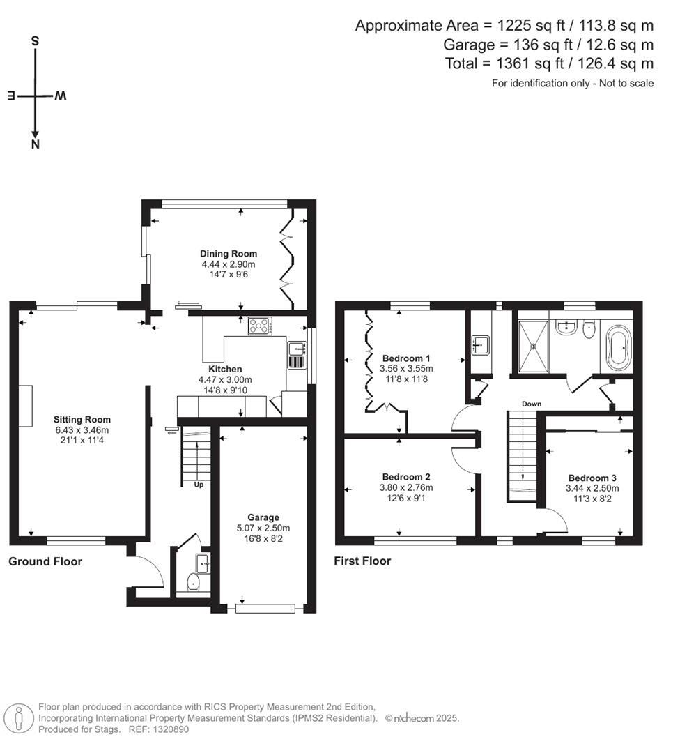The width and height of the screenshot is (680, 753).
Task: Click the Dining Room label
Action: click(x=229, y=254)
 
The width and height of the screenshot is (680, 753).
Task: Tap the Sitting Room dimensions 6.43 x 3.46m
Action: click(x=82, y=430)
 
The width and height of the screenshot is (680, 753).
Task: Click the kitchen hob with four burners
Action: click(x=261, y=325)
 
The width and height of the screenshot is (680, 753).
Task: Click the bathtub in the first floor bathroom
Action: click(x=618, y=347)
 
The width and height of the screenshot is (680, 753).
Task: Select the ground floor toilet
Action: click(x=194, y=581)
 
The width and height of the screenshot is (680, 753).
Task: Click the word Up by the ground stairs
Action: click(x=199, y=485)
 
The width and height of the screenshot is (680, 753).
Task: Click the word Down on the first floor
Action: click(x=532, y=404)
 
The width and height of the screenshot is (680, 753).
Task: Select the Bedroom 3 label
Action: click(x=592, y=478)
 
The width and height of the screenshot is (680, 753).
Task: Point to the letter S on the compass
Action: click(x=35, y=41)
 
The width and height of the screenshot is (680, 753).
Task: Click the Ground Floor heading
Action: click(x=45, y=561)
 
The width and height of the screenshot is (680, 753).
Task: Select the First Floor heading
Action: click(x=362, y=561)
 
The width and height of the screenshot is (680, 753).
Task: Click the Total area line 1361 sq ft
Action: click(x=549, y=64)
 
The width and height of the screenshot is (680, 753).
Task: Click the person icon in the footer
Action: click(x=19, y=718)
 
